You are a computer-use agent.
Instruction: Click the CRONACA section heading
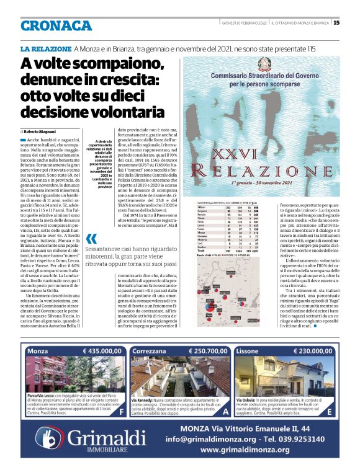coord(56,25)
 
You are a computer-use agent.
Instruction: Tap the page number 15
coord(336,23)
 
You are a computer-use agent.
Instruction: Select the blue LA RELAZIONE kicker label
coord(45,48)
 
